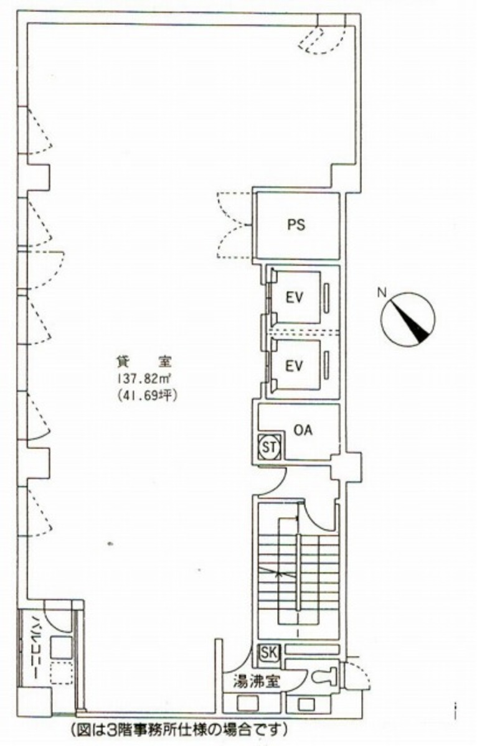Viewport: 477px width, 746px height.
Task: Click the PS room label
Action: click(x=296, y=225)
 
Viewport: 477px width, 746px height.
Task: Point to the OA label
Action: click(x=303, y=431)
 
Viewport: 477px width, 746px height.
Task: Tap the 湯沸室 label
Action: click(x=252, y=681)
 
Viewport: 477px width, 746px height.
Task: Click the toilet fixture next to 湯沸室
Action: click(x=324, y=674)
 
